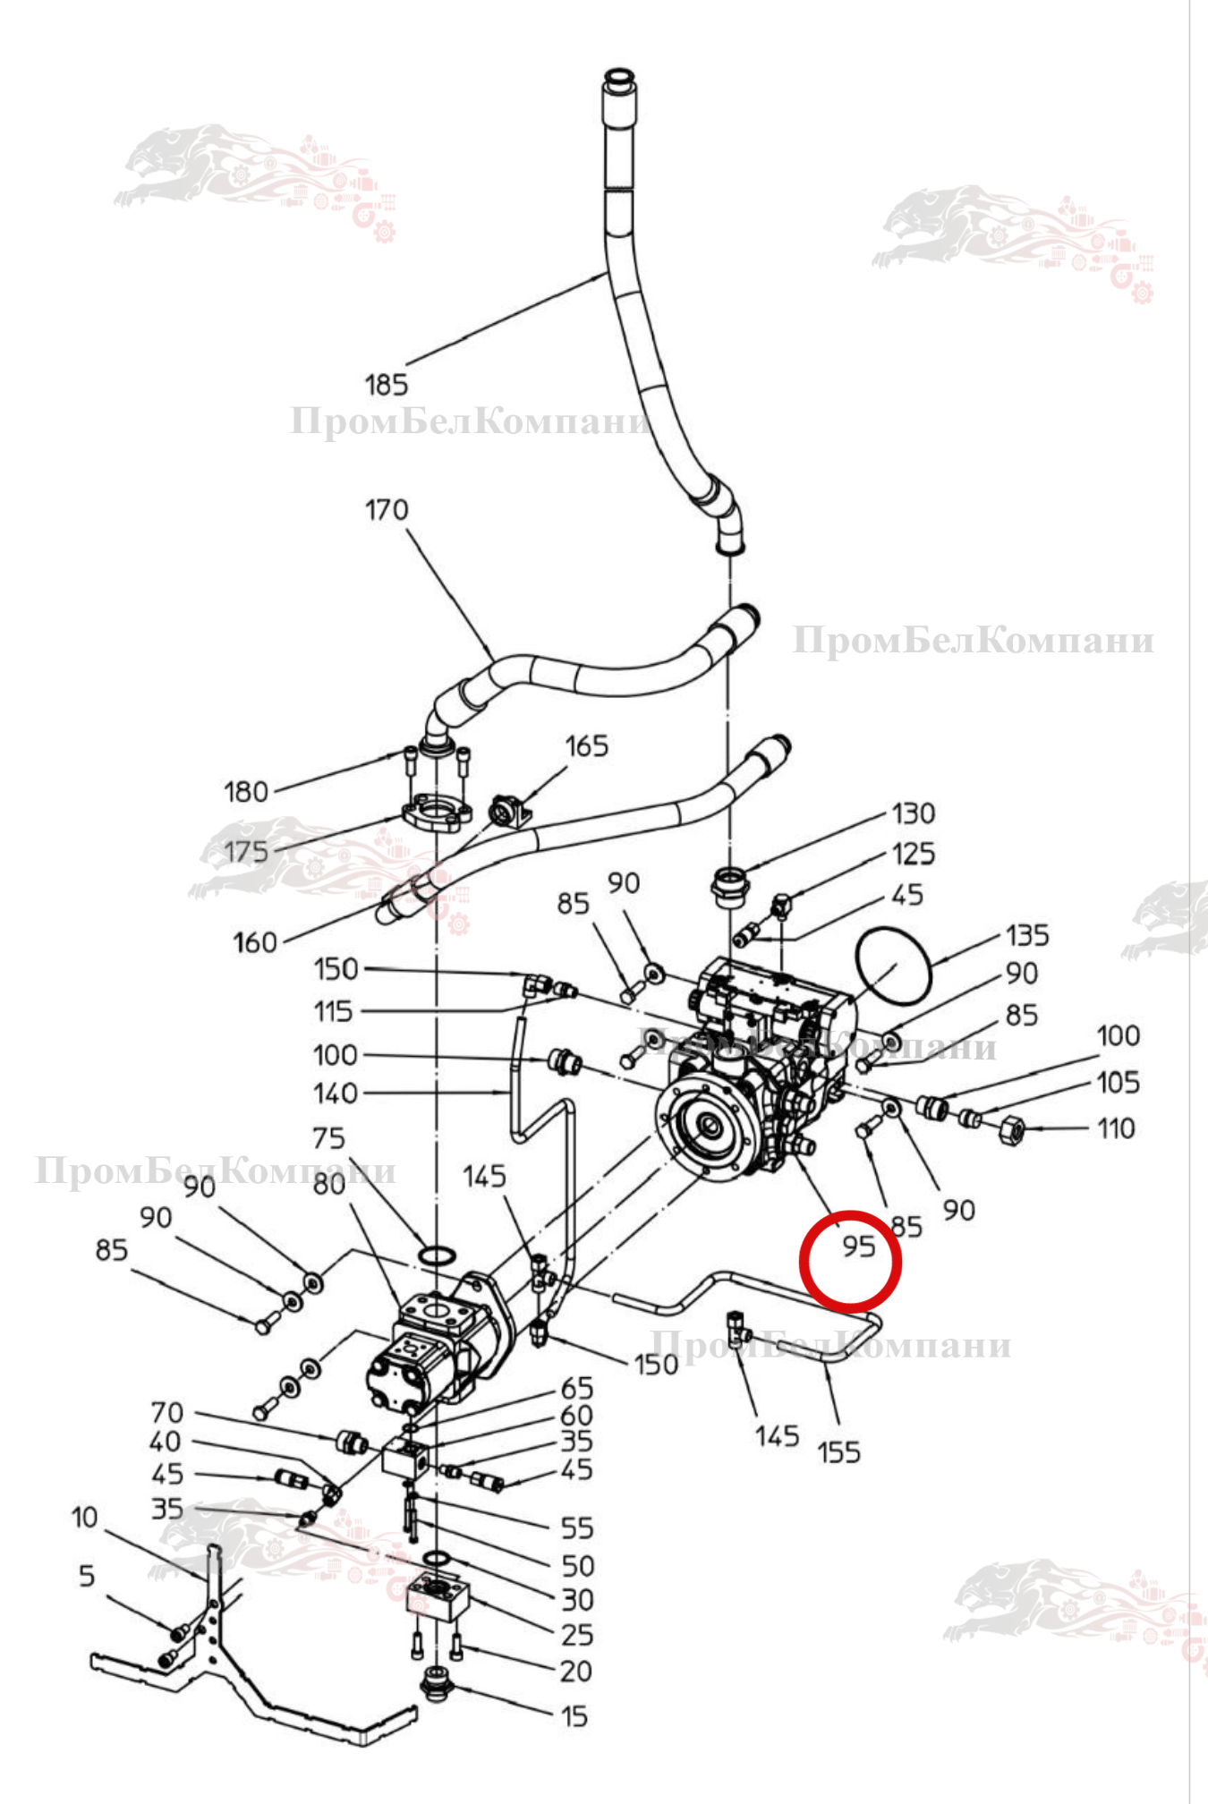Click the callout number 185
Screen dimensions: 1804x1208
pos(386,385)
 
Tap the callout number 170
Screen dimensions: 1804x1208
pos(387,510)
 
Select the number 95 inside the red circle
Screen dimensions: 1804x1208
pos(858,1247)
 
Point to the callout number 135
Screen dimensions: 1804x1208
pos(1027,936)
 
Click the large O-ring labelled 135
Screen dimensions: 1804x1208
pos(893,966)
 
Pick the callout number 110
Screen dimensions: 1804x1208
pos(1117,1128)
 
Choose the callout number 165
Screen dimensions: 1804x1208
pos(586,746)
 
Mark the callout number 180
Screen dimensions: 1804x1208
pos(246,792)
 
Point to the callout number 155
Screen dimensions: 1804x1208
pos(838,1451)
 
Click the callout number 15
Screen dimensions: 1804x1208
pos(574,1716)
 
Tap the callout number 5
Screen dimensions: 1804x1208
pos(87,1575)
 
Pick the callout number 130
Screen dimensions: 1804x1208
pos(914,813)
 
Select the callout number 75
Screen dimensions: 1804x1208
pos(328,1138)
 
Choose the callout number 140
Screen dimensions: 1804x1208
pos(336,1093)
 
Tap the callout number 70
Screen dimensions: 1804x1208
pos(167,1412)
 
